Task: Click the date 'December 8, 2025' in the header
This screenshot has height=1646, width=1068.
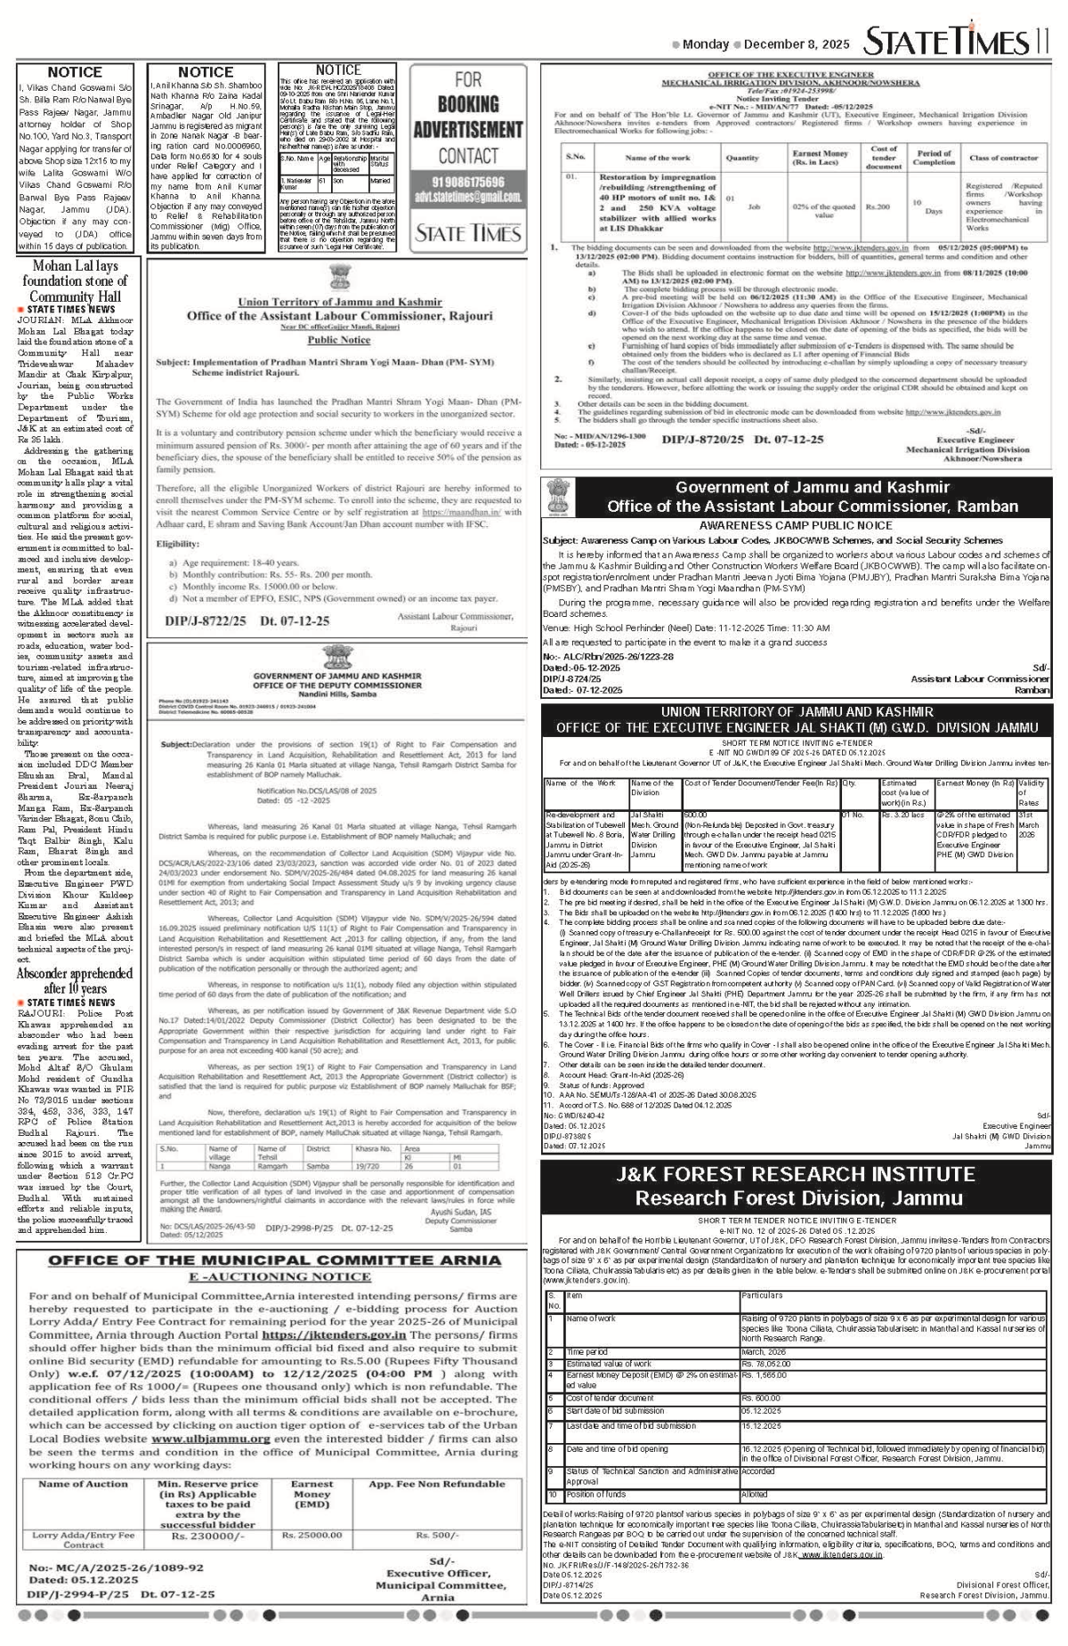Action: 796,44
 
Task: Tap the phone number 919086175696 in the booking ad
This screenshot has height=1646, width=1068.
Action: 467,182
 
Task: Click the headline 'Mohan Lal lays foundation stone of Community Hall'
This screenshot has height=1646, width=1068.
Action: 76,280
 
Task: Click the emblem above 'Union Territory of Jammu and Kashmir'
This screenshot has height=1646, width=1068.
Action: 339,279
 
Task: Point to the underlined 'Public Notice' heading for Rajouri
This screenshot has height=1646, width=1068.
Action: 339,340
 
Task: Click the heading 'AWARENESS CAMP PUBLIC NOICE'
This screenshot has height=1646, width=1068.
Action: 796,525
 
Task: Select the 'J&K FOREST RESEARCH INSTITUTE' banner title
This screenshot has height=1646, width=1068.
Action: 796,1174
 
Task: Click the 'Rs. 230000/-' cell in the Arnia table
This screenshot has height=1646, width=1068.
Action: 207,1536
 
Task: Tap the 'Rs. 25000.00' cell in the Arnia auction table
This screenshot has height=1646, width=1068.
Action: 311,1536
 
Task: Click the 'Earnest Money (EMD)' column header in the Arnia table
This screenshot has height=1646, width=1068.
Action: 311,1494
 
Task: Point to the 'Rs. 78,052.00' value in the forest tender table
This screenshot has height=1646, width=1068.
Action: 766,1364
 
